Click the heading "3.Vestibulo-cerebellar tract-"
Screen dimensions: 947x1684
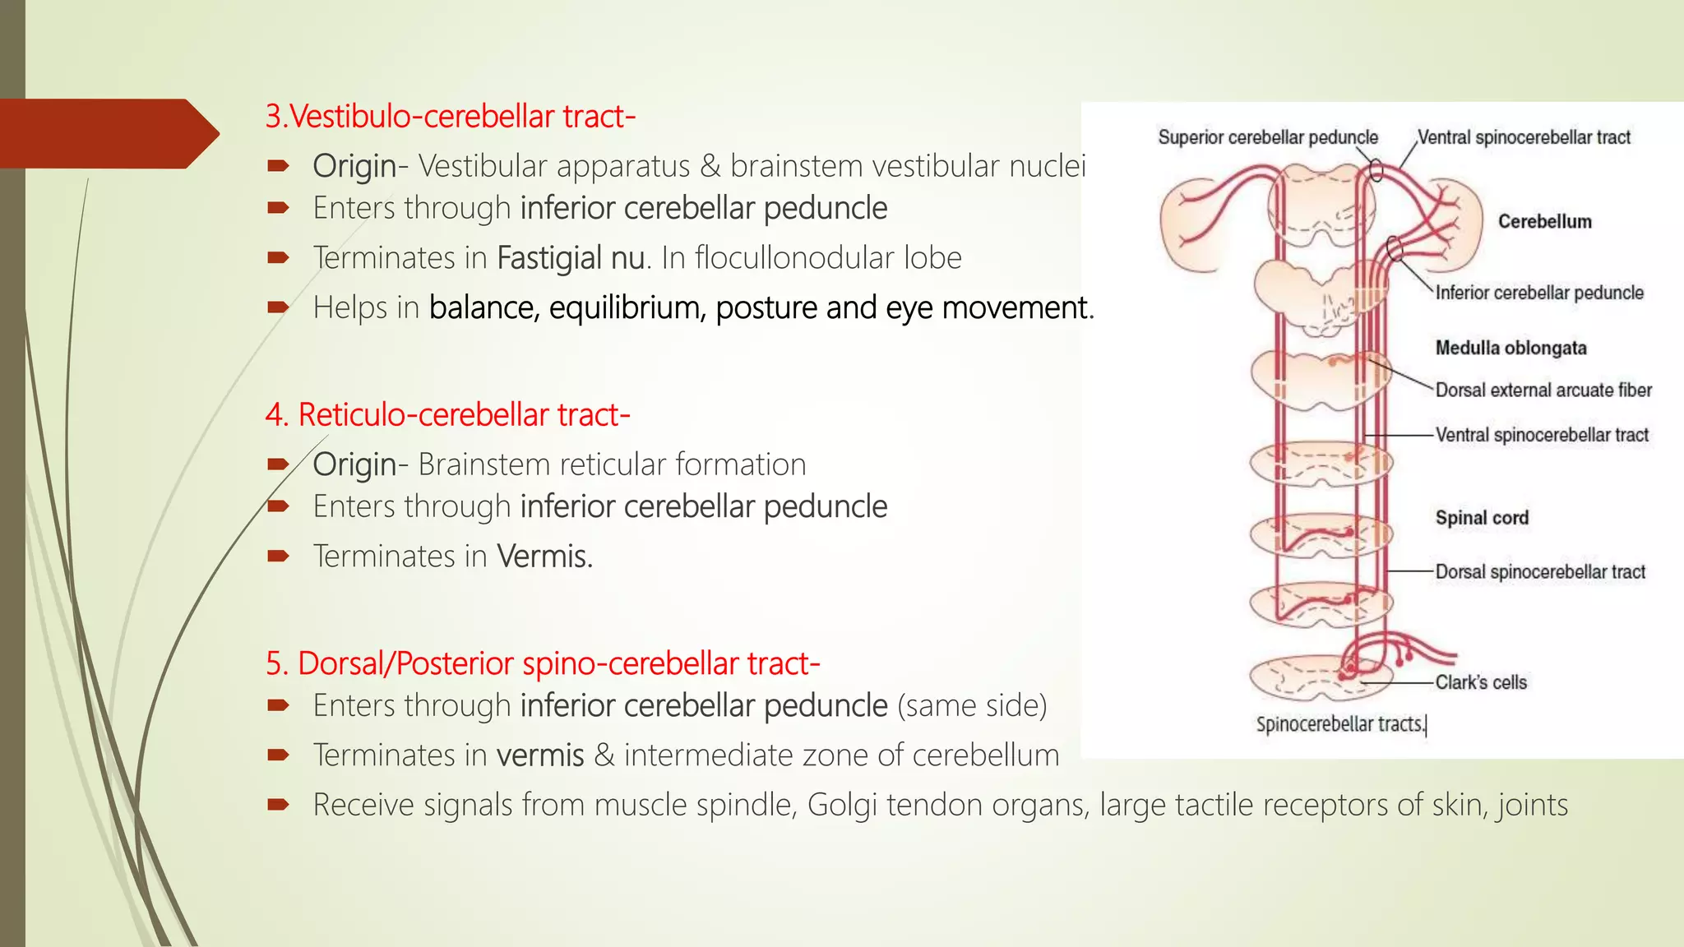click(450, 117)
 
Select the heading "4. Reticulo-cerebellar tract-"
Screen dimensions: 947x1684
click(447, 415)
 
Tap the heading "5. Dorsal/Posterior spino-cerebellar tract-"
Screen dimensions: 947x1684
click(542, 663)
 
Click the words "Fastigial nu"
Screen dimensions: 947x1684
click(571, 258)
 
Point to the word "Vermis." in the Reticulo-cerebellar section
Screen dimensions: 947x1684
click(544, 557)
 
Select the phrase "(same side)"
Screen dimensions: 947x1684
click(972, 705)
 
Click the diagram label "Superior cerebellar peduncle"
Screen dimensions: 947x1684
click(1267, 137)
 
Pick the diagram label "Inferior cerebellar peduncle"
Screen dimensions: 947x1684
click(1538, 293)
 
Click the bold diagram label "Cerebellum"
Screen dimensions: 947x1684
click(1544, 222)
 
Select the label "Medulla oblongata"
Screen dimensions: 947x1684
click(1511, 348)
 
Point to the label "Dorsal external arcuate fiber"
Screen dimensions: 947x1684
click(1543, 390)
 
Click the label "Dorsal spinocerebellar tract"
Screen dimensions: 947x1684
click(1539, 572)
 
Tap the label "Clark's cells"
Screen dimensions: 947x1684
click(1480, 682)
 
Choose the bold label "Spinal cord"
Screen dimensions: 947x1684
click(1482, 518)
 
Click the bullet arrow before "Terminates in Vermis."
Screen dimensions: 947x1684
click(278, 557)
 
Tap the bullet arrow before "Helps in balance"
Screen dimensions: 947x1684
click(278, 308)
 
